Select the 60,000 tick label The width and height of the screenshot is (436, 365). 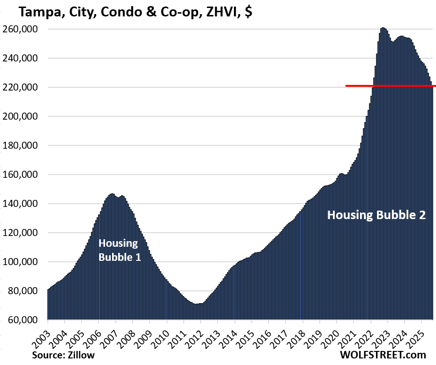[25, 320]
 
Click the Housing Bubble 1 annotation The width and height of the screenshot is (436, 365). [119, 250]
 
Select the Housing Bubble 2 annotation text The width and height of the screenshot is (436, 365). [376, 215]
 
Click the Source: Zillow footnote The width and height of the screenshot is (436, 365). [63, 355]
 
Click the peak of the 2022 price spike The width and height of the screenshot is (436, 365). [383, 28]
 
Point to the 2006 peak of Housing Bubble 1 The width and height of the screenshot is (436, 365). [112, 194]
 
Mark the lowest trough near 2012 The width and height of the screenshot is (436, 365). [196, 304]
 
